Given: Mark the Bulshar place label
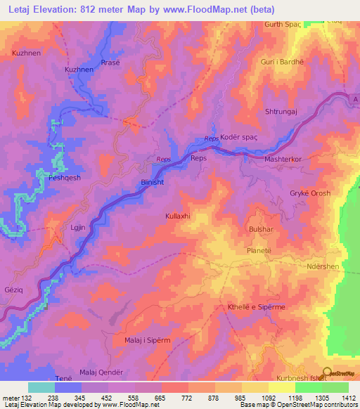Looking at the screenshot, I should [x=259, y=229].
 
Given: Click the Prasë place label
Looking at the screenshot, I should [x=110, y=60].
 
